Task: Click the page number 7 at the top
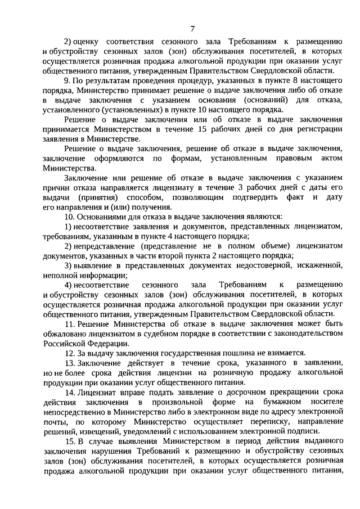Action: tap(192, 29)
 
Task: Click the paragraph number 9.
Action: tap(66, 81)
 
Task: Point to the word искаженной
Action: tap(319, 265)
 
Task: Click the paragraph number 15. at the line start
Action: tap(69, 442)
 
